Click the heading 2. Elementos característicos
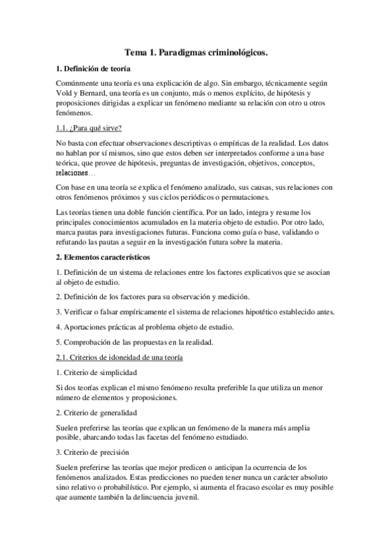103,257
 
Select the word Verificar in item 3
80,312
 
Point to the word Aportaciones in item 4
86,327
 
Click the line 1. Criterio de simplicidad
96,372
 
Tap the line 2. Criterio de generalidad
96,414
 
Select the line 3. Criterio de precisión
94,452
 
